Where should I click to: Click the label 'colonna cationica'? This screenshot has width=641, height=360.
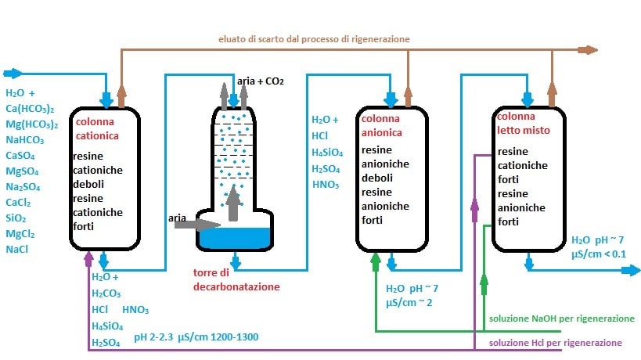click(96, 128)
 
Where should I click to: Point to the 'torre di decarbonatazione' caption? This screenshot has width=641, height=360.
click(236, 279)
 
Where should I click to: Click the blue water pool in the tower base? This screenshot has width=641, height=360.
click(235, 237)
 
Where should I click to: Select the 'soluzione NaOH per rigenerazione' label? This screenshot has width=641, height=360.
click(561, 319)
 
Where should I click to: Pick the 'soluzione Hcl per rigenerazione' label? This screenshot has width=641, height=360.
click(556, 343)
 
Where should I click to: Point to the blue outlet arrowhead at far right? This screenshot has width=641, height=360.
click(632, 271)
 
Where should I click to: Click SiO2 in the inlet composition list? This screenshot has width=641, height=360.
click(17, 218)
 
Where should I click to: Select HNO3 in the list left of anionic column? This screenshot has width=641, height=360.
click(325, 185)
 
